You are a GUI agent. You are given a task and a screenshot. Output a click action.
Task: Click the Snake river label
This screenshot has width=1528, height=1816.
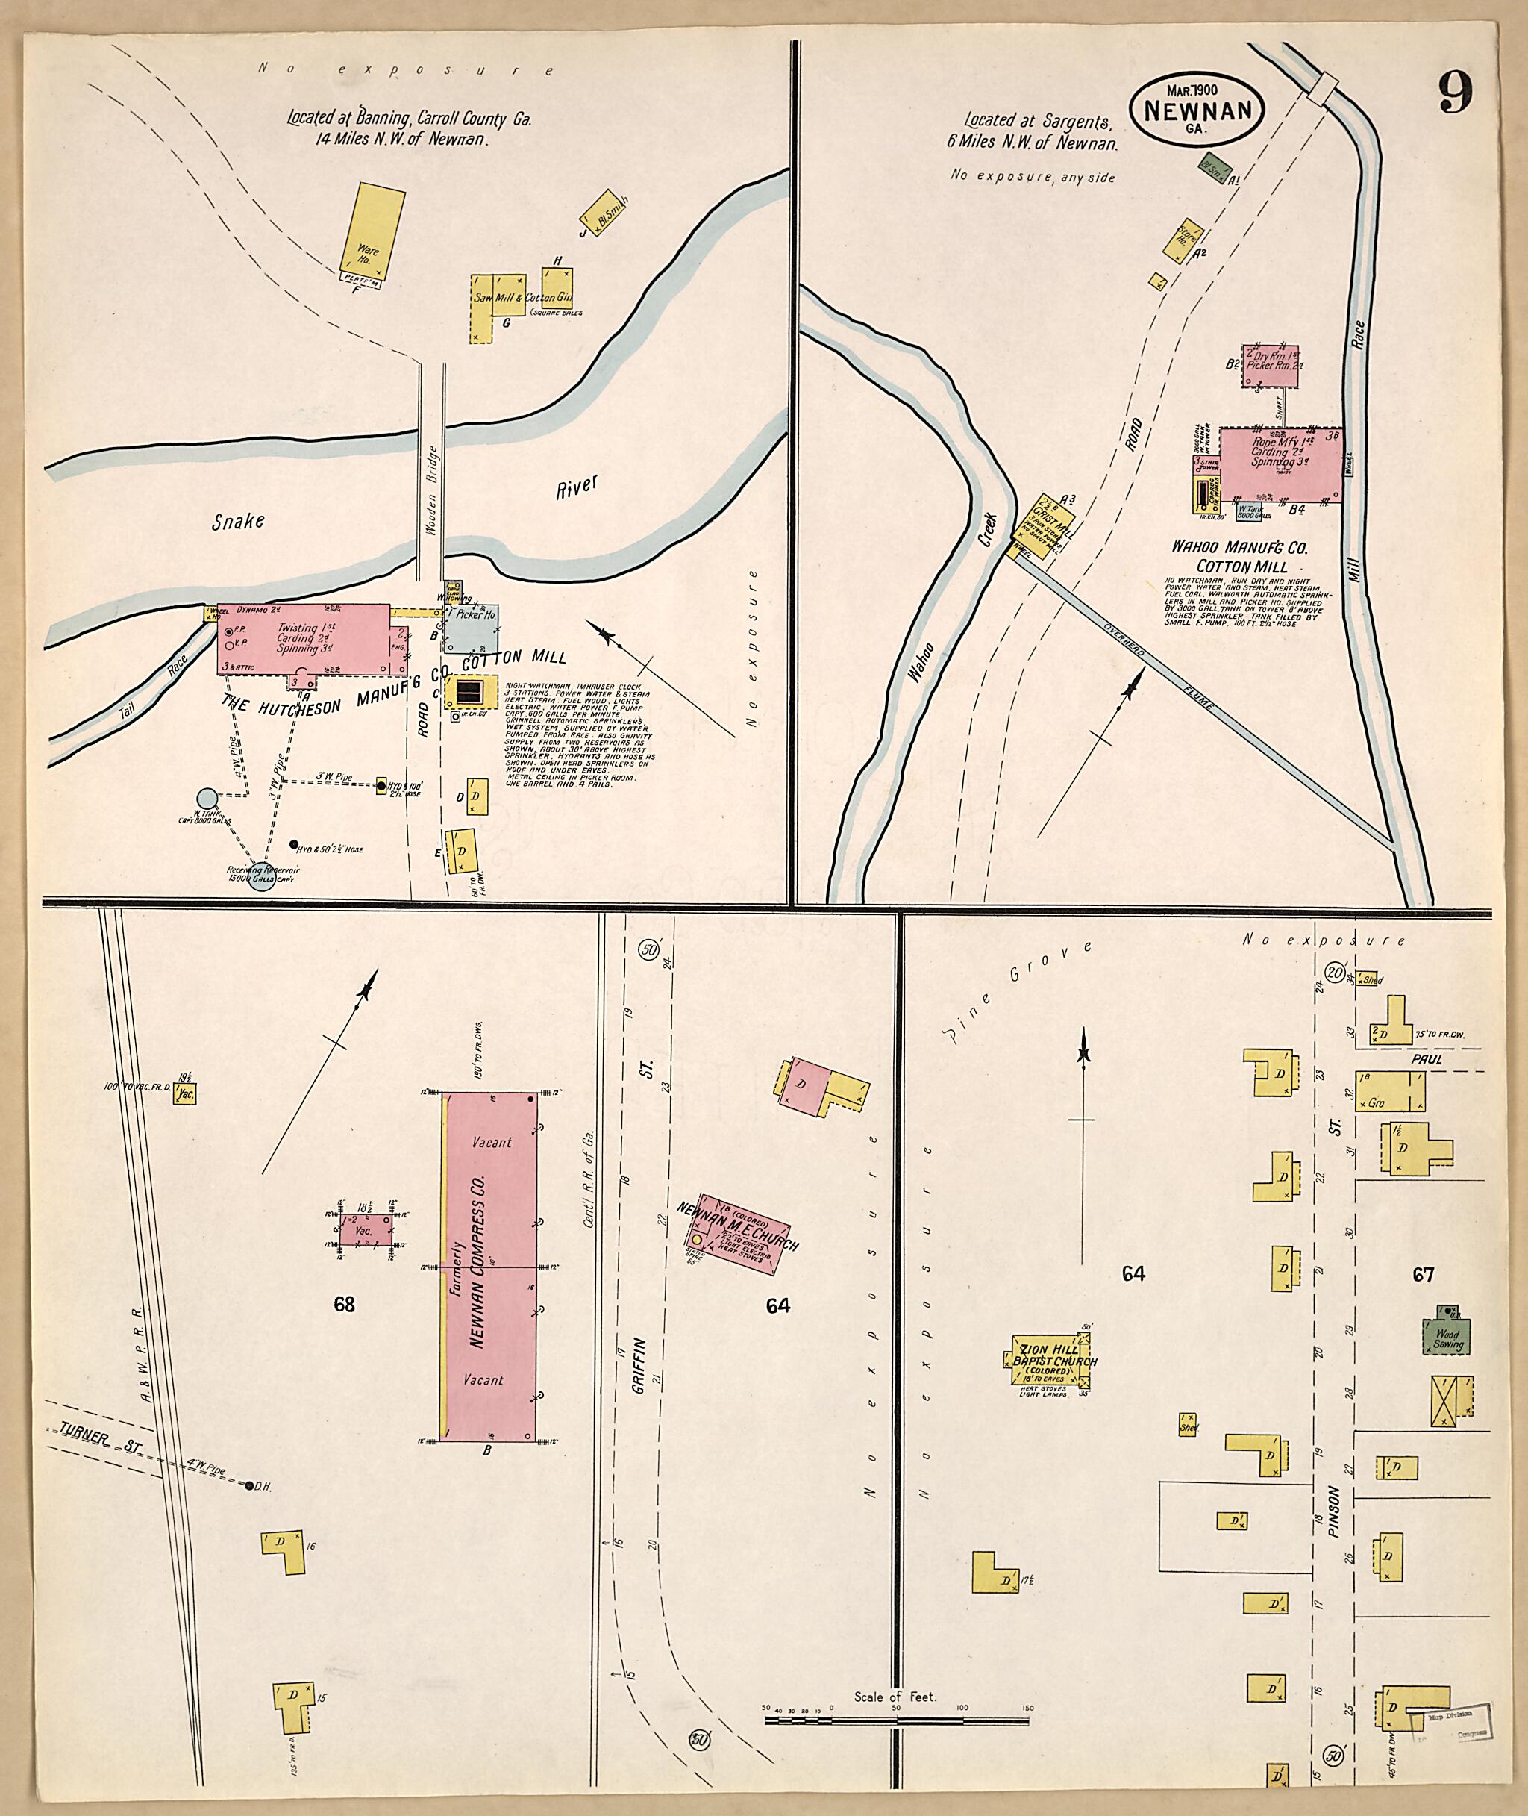238,521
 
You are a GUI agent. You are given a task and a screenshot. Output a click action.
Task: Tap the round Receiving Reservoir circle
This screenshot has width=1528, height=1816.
260,879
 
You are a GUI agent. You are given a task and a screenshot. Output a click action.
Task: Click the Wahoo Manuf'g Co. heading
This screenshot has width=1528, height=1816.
1239,548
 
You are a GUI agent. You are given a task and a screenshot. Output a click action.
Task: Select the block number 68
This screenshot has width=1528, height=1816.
344,1304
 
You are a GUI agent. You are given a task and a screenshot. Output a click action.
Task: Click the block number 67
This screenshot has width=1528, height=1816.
1424,1273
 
